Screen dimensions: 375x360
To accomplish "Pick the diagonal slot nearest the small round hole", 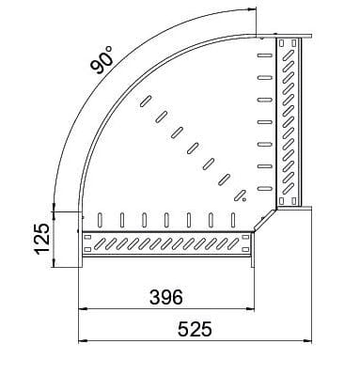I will point(227,180).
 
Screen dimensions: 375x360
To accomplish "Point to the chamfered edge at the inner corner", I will point(263,221).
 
